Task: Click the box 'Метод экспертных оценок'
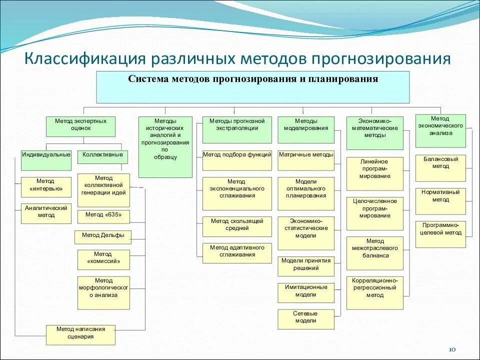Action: [x=80, y=126]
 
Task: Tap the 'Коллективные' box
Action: [x=103, y=156]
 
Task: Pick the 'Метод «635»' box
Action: [x=103, y=216]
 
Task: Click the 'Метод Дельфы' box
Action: [x=103, y=237]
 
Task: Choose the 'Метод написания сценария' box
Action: [x=80, y=334]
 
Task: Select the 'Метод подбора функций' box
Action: [x=237, y=157]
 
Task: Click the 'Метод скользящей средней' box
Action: [x=237, y=226]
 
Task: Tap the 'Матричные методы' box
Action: [x=306, y=157]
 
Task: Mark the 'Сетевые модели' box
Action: [x=306, y=319]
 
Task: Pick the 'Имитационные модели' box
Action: [x=306, y=292]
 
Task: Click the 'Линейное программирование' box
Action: [x=374, y=173]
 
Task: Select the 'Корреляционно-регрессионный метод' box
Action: [x=374, y=292]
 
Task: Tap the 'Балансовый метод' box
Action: [x=440, y=168]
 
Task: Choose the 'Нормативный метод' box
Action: [x=440, y=201]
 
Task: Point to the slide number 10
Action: [x=453, y=349]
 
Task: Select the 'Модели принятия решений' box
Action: [x=306, y=266]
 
